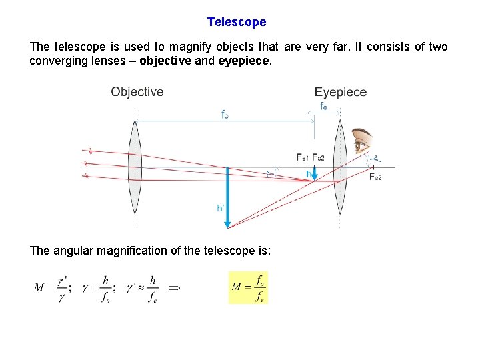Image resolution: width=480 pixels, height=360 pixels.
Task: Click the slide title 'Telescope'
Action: click(x=236, y=22)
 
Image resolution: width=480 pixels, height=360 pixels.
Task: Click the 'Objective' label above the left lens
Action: click(x=137, y=92)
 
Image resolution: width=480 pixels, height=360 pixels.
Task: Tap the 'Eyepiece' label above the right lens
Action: click(x=341, y=92)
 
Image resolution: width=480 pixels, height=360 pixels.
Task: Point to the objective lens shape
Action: click(x=135, y=167)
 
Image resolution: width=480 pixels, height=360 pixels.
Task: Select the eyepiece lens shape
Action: click(x=340, y=167)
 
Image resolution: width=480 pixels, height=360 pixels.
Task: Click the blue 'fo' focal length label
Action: click(x=226, y=114)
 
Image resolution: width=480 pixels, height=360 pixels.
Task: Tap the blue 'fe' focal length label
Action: click(x=323, y=106)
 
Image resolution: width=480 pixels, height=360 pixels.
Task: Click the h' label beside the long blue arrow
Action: click(x=221, y=207)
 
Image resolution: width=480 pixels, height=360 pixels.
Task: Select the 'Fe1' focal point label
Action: click(x=303, y=157)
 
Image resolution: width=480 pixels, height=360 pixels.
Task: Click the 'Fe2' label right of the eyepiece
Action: click(x=376, y=177)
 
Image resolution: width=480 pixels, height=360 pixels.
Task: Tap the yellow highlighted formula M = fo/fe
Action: click(x=247, y=287)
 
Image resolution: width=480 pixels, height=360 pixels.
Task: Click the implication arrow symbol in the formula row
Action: click(x=175, y=287)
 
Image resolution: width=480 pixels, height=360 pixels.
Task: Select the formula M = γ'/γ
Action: click(x=54, y=287)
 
